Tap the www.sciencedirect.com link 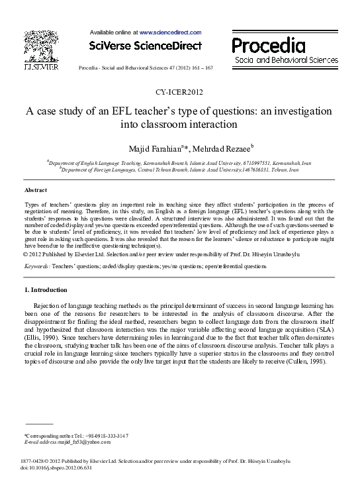click(171, 32)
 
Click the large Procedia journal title click(268, 45)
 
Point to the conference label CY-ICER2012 click(179, 91)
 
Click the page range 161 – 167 click(199, 68)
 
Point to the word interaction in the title click(209, 124)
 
